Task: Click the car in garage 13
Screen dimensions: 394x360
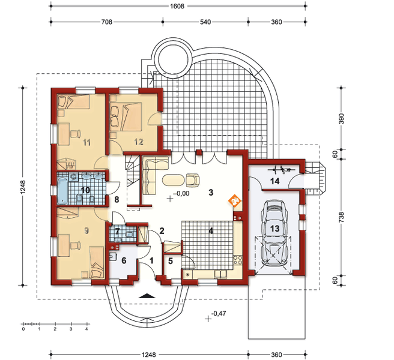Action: click(274, 233)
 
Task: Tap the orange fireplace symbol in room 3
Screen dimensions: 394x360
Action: click(235, 200)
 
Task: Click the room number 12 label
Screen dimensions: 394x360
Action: click(139, 142)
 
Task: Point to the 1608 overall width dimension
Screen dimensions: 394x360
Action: click(177, 6)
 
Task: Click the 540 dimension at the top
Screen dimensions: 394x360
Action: click(205, 22)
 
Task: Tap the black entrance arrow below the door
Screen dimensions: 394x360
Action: click(147, 296)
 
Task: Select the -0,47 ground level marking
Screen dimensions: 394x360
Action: click(219, 313)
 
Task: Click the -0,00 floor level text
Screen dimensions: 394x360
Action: click(181, 194)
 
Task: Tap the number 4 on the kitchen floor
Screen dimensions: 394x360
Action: click(211, 230)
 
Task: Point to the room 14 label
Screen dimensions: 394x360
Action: click(274, 181)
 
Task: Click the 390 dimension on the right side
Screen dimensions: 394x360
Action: click(341, 119)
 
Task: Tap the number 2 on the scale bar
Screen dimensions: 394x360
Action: click(55, 329)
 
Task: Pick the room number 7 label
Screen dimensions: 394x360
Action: click(117, 231)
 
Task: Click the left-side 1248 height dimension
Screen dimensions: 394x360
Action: click(23, 187)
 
